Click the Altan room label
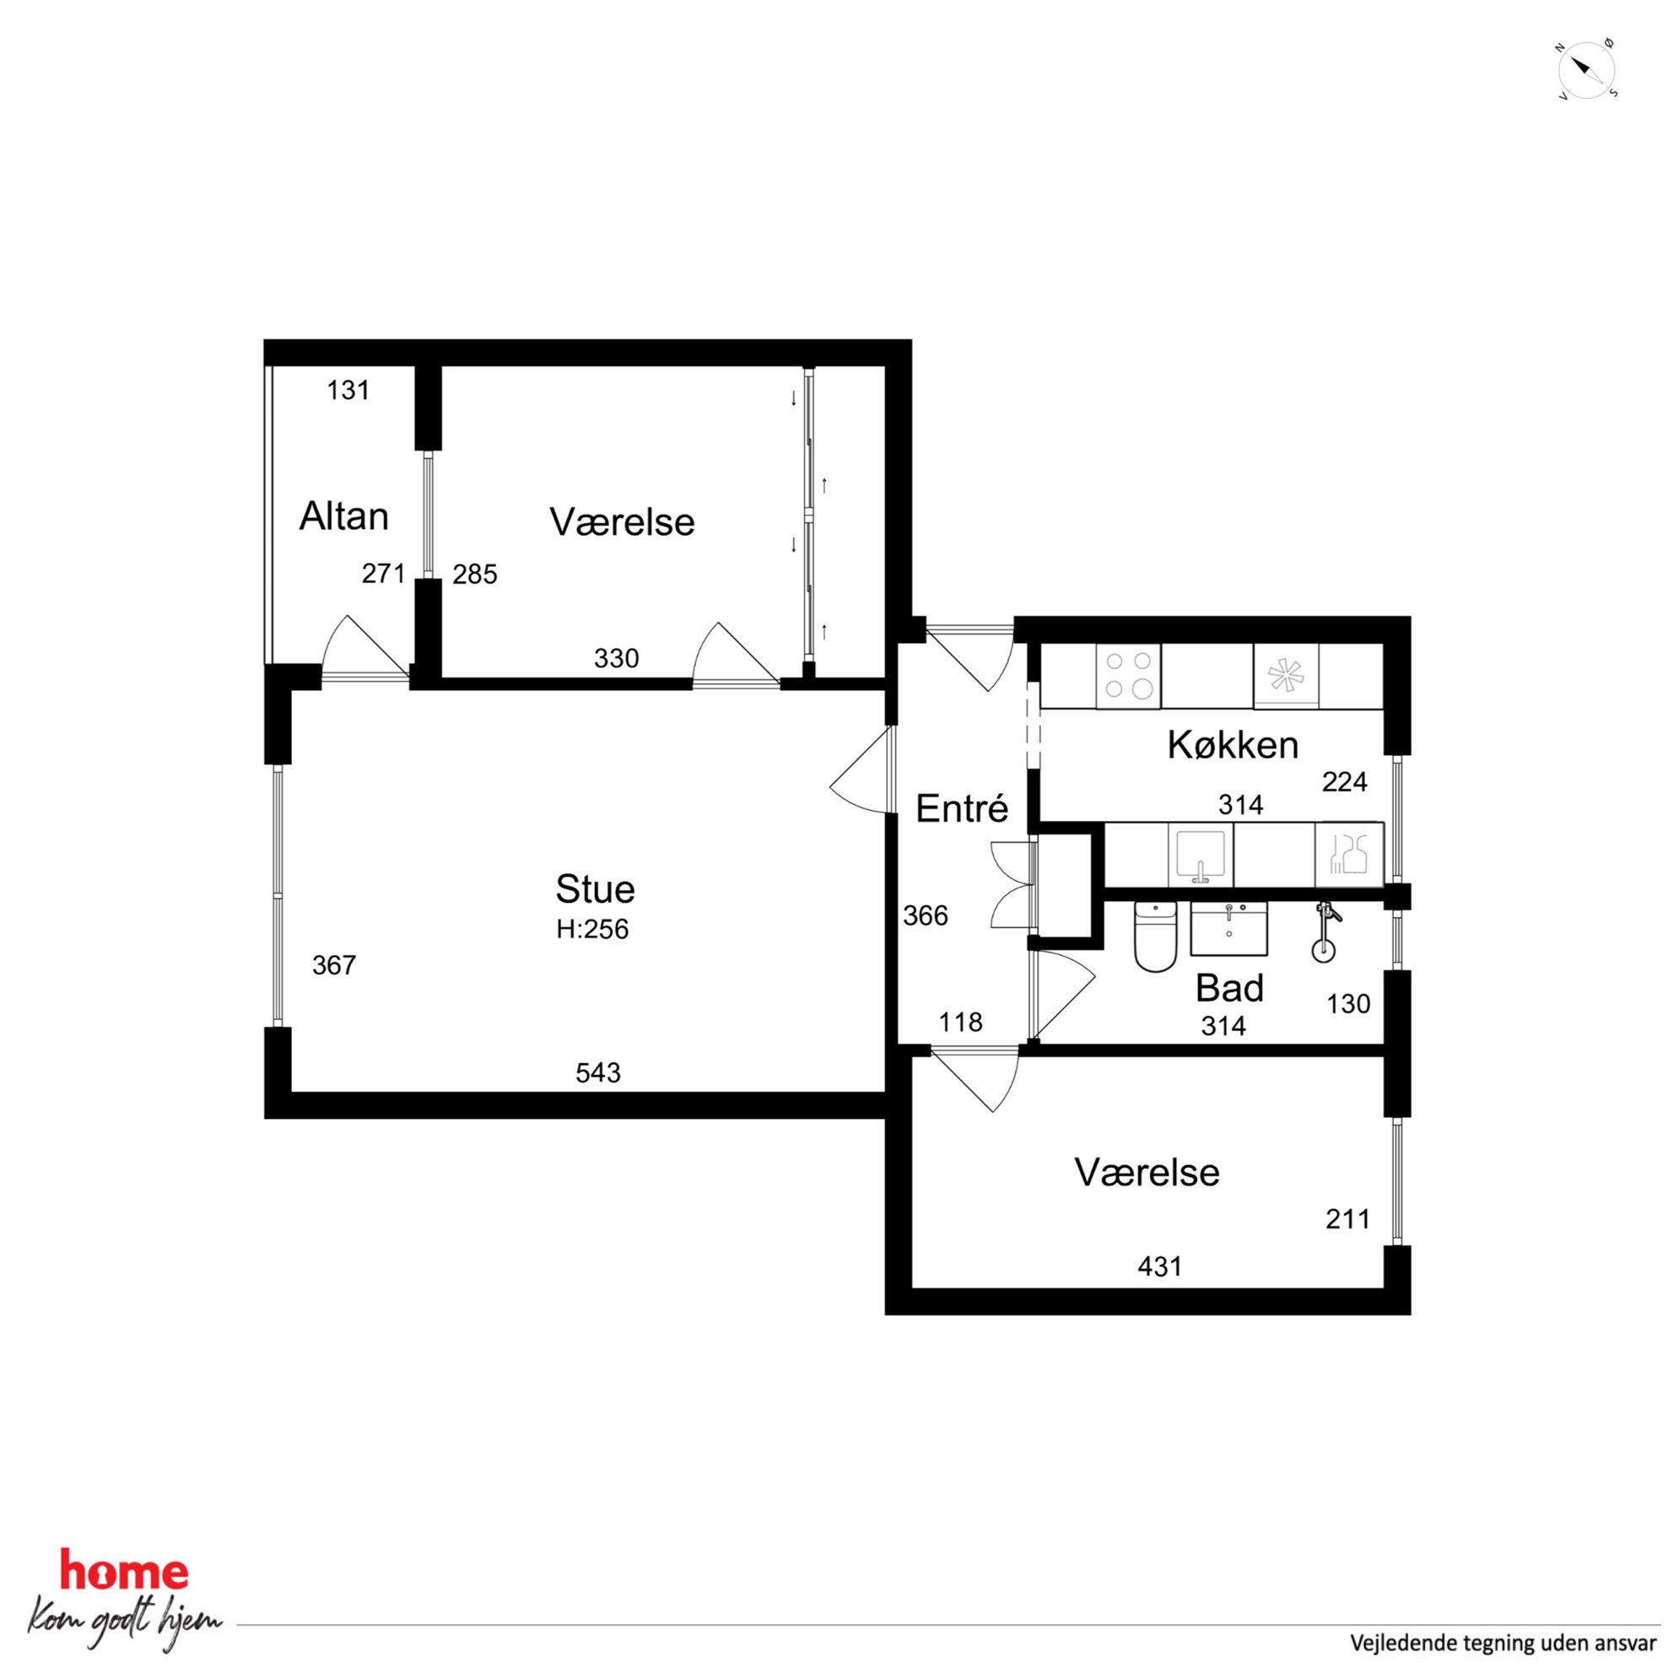coord(343,516)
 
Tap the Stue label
coord(594,889)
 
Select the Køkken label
coord(1232,745)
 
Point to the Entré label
coord(962,808)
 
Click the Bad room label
coord(1229,988)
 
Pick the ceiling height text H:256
coord(592,930)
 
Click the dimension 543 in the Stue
coord(598,1072)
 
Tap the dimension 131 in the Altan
coord(348,391)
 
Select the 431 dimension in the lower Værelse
coord(1159,1266)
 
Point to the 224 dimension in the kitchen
coord(1345,782)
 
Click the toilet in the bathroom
coord(1155,936)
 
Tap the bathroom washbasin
coord(1228,928)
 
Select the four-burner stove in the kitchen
coord(1128,675)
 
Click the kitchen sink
coord(1200,856)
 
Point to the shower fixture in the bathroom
coord(1323,932)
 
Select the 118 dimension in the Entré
coord(961,1023)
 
